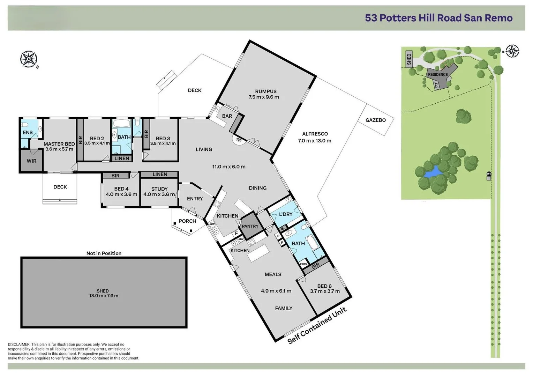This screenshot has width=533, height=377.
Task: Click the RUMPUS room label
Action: pyautogui.click(x=265, y=91)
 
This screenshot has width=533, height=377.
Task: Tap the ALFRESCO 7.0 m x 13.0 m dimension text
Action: pyautogui.click(x=315, y=141)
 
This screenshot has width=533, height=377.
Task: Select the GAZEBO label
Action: pyautogui.click(x=375, y=120)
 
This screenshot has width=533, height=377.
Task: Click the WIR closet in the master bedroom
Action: pyautogui.click(x=31, y=161)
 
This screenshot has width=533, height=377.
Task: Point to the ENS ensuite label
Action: pyautogui.click(x=28, y=133)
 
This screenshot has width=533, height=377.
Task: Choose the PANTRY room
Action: pyautogui.click(x=250, y=226)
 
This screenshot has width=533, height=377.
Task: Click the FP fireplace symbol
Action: pyautogui.click(x=239, y=140)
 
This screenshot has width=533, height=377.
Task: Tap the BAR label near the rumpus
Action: pyautogui.click(x=227, y=116)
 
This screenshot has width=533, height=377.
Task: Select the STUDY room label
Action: pyautogui.click(x=159, y=189)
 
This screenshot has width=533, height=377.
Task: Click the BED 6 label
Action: pyautogui.click(x=324, y=286)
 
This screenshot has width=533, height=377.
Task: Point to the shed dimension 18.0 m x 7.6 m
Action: pyautogui.click(x=104, y=296)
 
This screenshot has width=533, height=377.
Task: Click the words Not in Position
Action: pyautogui.click(x=104, y=253)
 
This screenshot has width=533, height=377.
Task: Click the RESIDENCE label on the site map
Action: pyautogui.click(x=438, y=74)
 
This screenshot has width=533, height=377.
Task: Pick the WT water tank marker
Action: pyautogui.click(x=489, y=174)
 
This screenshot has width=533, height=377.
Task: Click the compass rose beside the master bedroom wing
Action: pyautogui.click(x=29, y=59)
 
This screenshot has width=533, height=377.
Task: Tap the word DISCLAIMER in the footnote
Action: pyautogui.click(x=19, y=345)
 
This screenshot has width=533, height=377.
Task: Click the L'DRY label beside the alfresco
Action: pyautogui.click(x=286, y=214)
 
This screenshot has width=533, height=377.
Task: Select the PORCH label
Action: pyautogui.click(x=187, y=221)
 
